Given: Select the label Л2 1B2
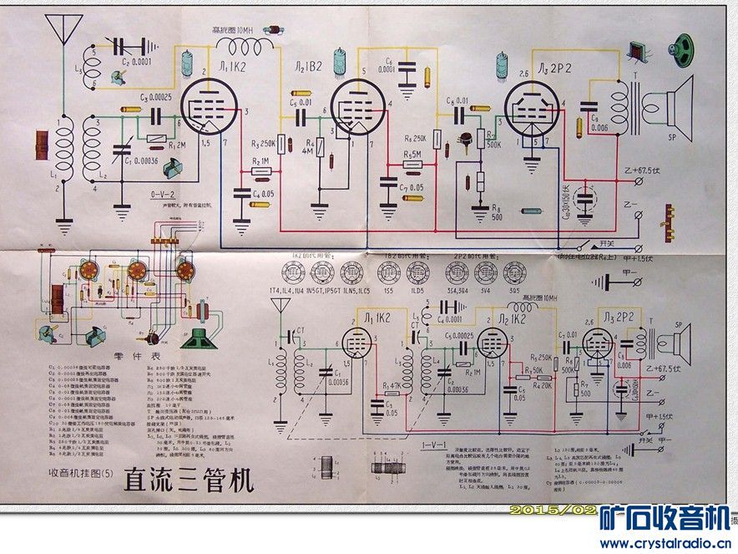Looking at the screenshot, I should (x=308, y=66).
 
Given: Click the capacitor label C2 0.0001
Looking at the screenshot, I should (x=136, y=62).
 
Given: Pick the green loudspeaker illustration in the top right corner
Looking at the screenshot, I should (x=685, y=47).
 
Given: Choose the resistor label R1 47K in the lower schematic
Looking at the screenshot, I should (x=390, y=384).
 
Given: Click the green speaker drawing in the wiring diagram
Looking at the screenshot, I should (x=199, y=338).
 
